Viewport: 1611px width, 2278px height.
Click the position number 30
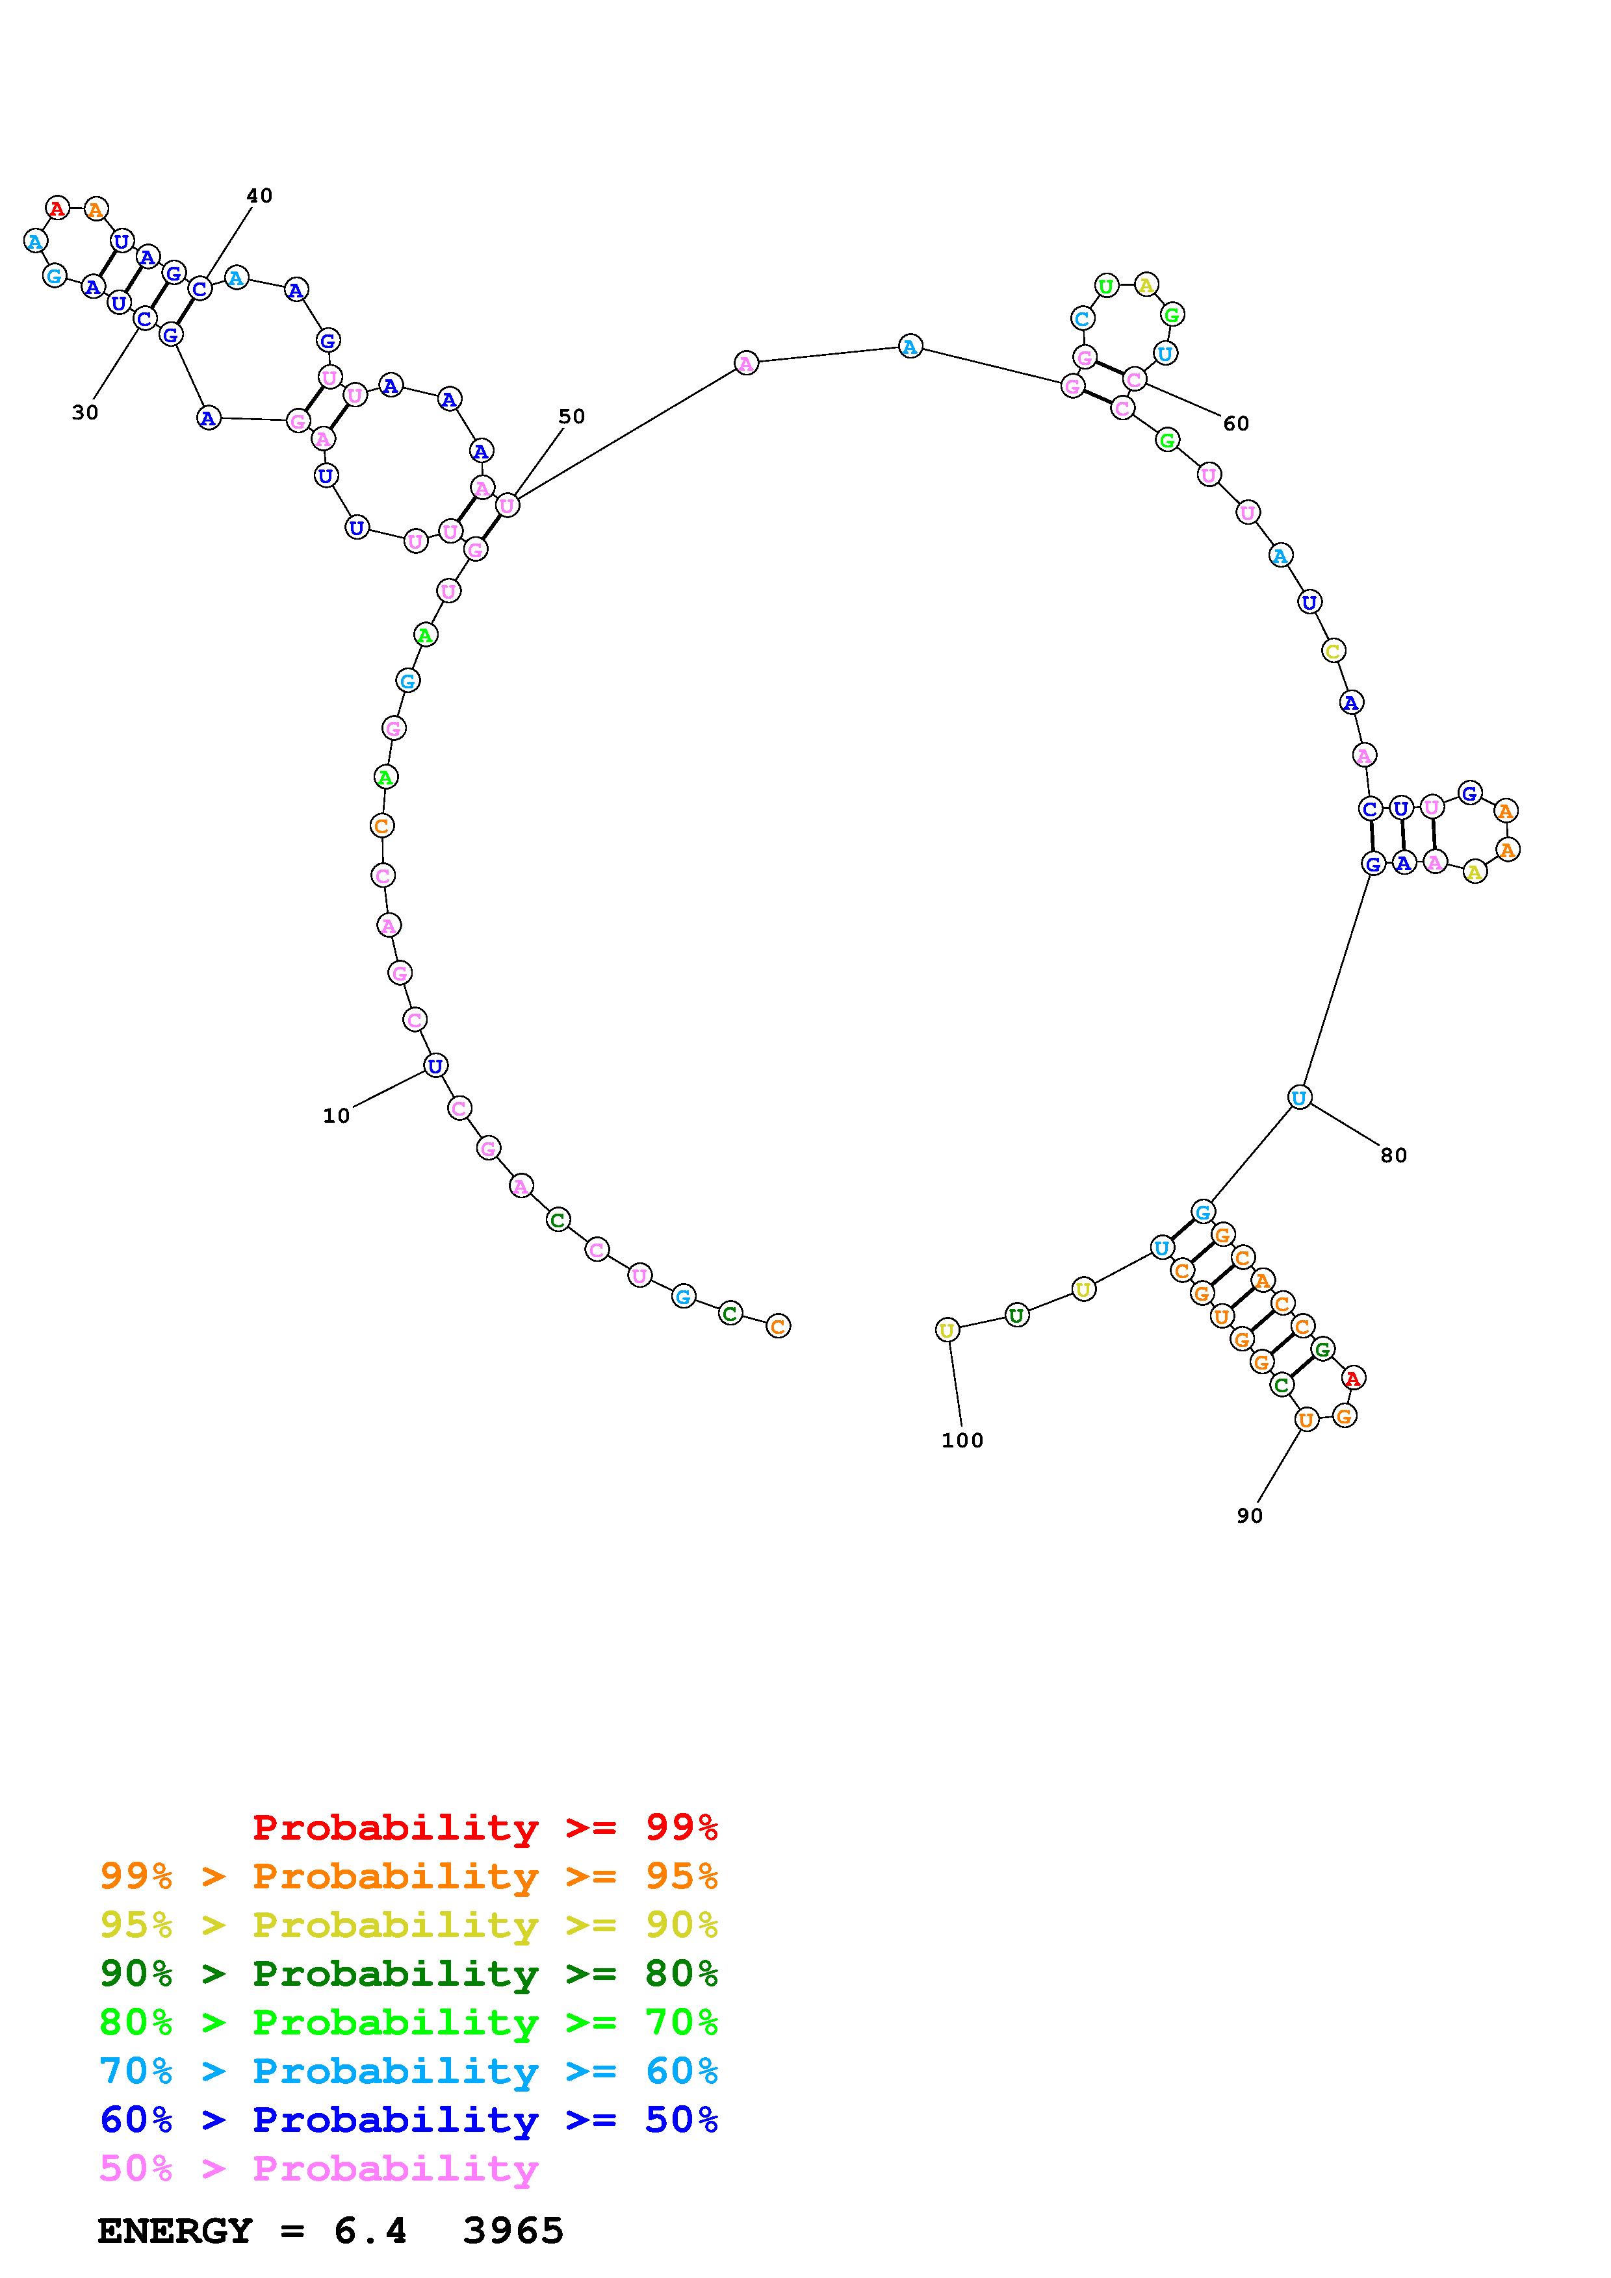pyautogui.click(x=85, y=413)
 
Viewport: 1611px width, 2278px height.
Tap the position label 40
pyautogui.click(x=259, y=195)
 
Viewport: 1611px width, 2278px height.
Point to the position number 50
pyautogui.click(x=572, y=417)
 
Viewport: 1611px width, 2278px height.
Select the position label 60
pyautogui.click(x=1236, y=423)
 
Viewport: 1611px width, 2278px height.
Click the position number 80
pyautogui.click(x=1393, y=1155)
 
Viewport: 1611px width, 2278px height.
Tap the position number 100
pyautogui.click(x=962, y=1440)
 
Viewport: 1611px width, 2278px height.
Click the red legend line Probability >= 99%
pyautogui.click(x=485, y=1827)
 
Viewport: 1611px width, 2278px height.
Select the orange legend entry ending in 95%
pyautogui.click(x=409, y=1876)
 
